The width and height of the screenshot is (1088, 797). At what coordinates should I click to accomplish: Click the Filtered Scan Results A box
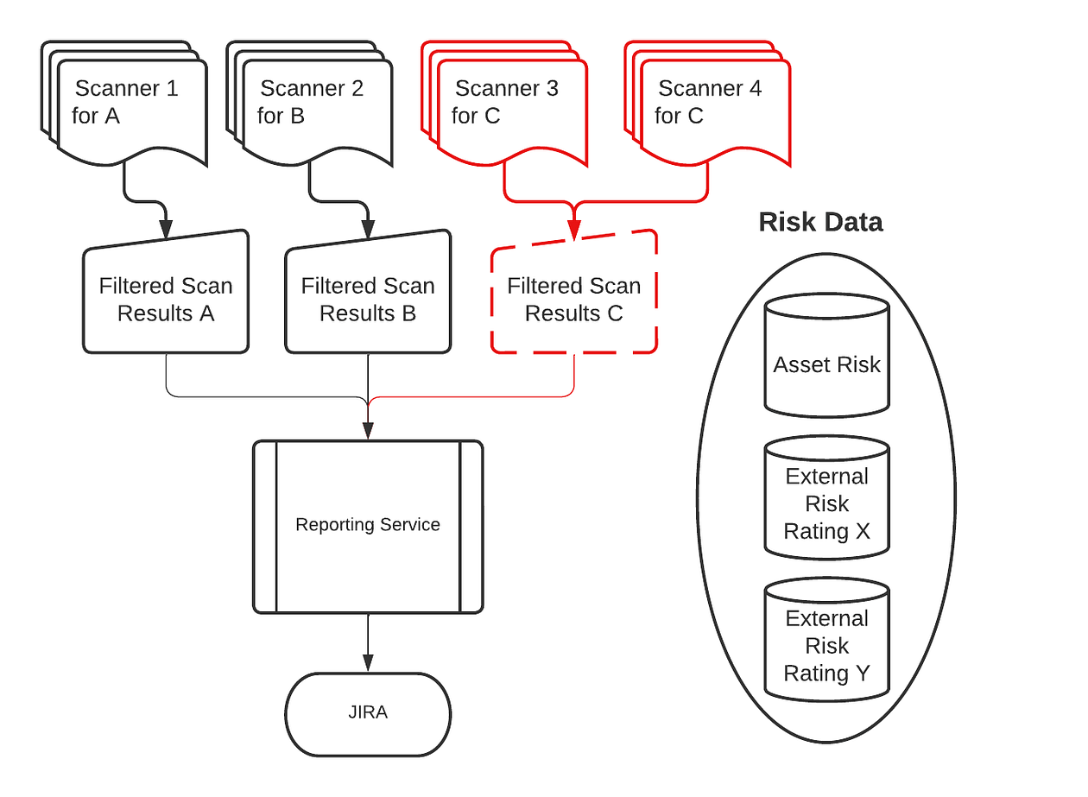(x=166, y=298)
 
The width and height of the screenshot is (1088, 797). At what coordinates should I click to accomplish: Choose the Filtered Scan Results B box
(x=368, y=298)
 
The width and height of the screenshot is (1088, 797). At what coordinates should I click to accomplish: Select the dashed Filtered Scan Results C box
(x=574, y=298)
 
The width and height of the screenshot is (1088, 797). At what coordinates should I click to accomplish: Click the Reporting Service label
(x=368, y=525)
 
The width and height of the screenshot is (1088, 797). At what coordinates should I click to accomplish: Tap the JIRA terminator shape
(x=368, y=714)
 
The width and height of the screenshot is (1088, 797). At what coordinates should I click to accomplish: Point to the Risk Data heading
(x=820, y=222)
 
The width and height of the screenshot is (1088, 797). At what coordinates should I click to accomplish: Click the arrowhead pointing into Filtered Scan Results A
(x=166, y=229)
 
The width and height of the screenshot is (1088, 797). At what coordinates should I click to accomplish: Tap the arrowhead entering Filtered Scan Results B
(x=368, y=229)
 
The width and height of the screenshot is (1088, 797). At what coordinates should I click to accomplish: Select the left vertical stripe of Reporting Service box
(x=265, y=527)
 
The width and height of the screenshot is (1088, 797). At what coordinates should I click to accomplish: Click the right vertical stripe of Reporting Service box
(x=471, y=527)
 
